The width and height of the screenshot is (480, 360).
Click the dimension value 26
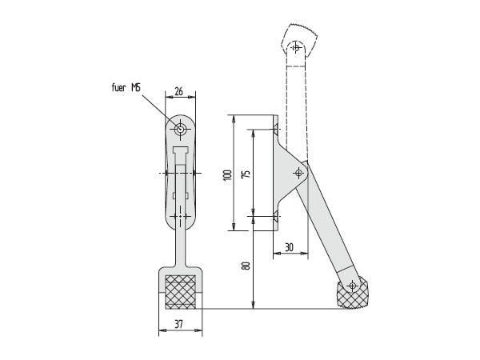coord(178,91)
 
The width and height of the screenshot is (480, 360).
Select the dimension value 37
coord(178,324)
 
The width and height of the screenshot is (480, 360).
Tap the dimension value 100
coord(228,174)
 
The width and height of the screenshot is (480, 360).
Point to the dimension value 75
coord(246,174)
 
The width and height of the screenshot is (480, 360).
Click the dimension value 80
coord(246,266)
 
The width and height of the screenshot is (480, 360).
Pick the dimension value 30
coord(290,247)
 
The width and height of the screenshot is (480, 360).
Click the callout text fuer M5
coord(126,88)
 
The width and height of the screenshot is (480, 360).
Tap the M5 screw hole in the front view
coord(180,129)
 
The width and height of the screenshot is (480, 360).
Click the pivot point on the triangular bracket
coord(298,174)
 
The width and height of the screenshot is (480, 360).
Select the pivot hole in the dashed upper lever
coord(296,48)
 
